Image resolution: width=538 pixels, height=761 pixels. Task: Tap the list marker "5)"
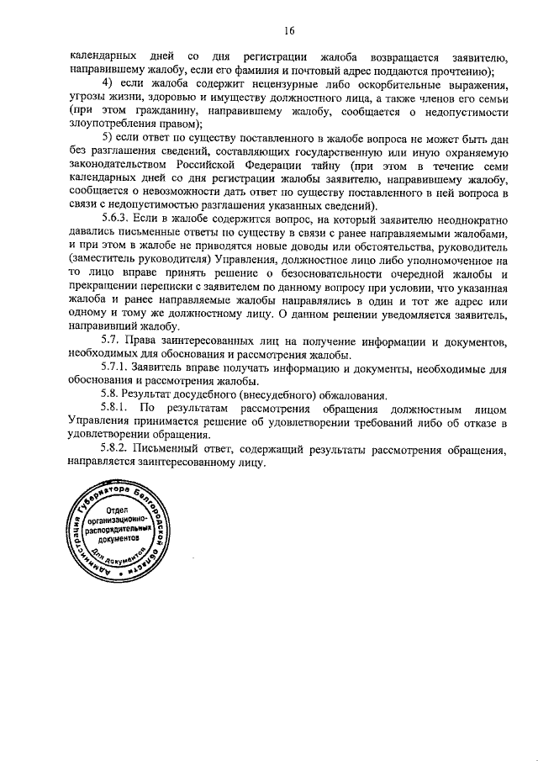tap(108, 137)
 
